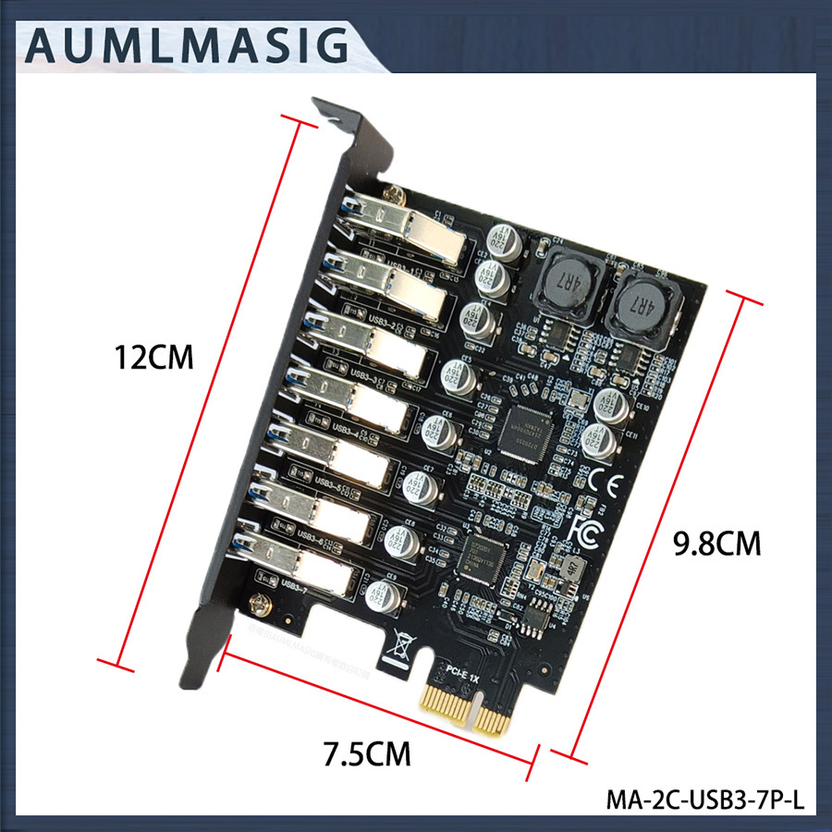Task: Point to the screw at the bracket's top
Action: coord(393,196)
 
